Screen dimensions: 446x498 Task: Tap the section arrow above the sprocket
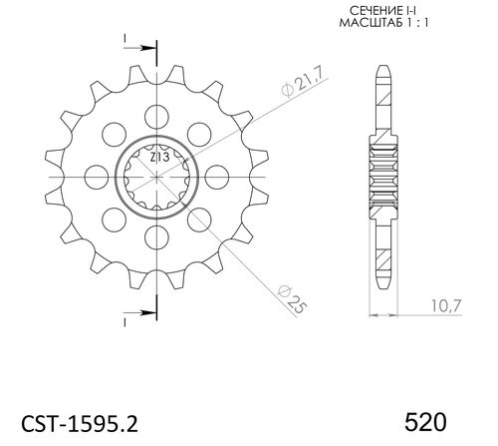(142, 47)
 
